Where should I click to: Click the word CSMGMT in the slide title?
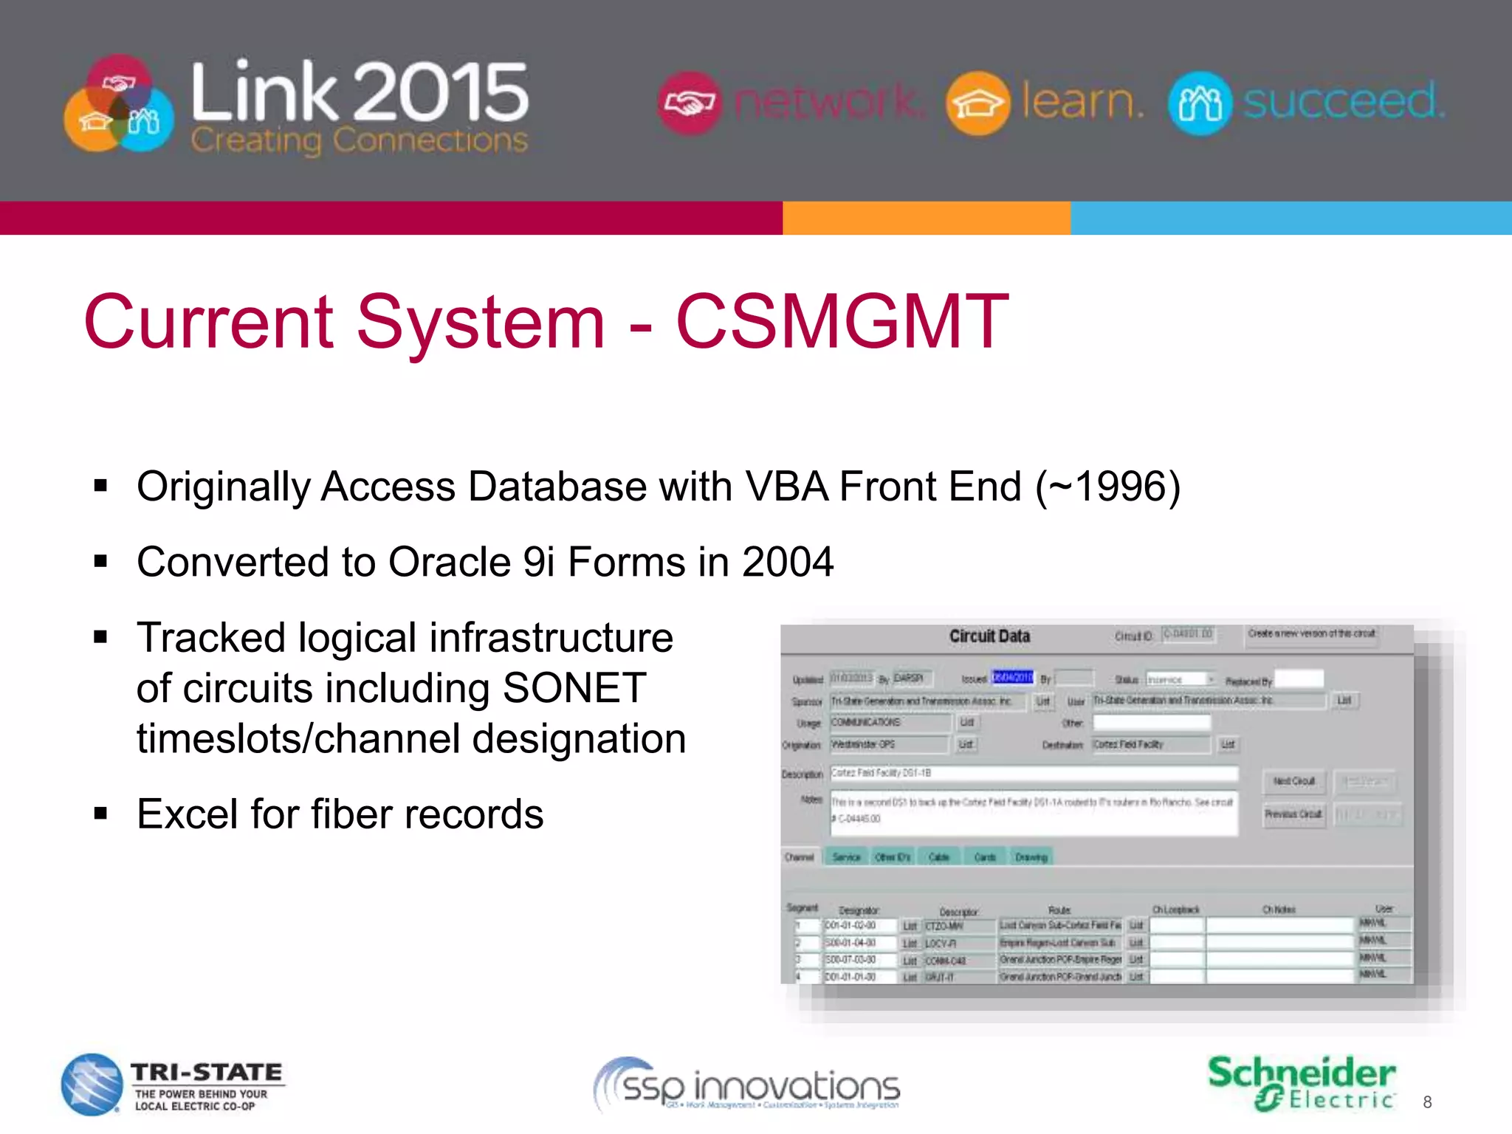click(x=842, y=322)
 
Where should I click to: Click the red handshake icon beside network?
click(x=688, y=103)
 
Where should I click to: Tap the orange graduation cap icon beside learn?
click(x=977, y=103)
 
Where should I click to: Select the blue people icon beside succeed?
click(x=1200, y=103)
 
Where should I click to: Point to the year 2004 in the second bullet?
click(x=788, y=562)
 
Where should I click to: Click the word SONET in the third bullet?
click(x=574, y=688)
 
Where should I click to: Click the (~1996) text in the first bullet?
click(x=1107, y=487)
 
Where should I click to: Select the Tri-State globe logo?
click(x=92, y=1084)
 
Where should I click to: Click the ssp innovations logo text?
click(x=760, y=1087)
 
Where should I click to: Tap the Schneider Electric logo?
click(x=1302, y=1083)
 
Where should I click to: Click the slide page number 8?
click(x=1427, y=1102)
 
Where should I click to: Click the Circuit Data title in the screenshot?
click(x=989, y=636)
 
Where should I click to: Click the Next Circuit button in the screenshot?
click(x=1294, y=781)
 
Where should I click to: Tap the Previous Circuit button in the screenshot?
click(x=1293, y=814)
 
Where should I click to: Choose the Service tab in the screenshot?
click(x=846, y=857)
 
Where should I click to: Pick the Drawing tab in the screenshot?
click(x=1031, y=857)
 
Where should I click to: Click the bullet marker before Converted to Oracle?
click(x=101, y=562)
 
